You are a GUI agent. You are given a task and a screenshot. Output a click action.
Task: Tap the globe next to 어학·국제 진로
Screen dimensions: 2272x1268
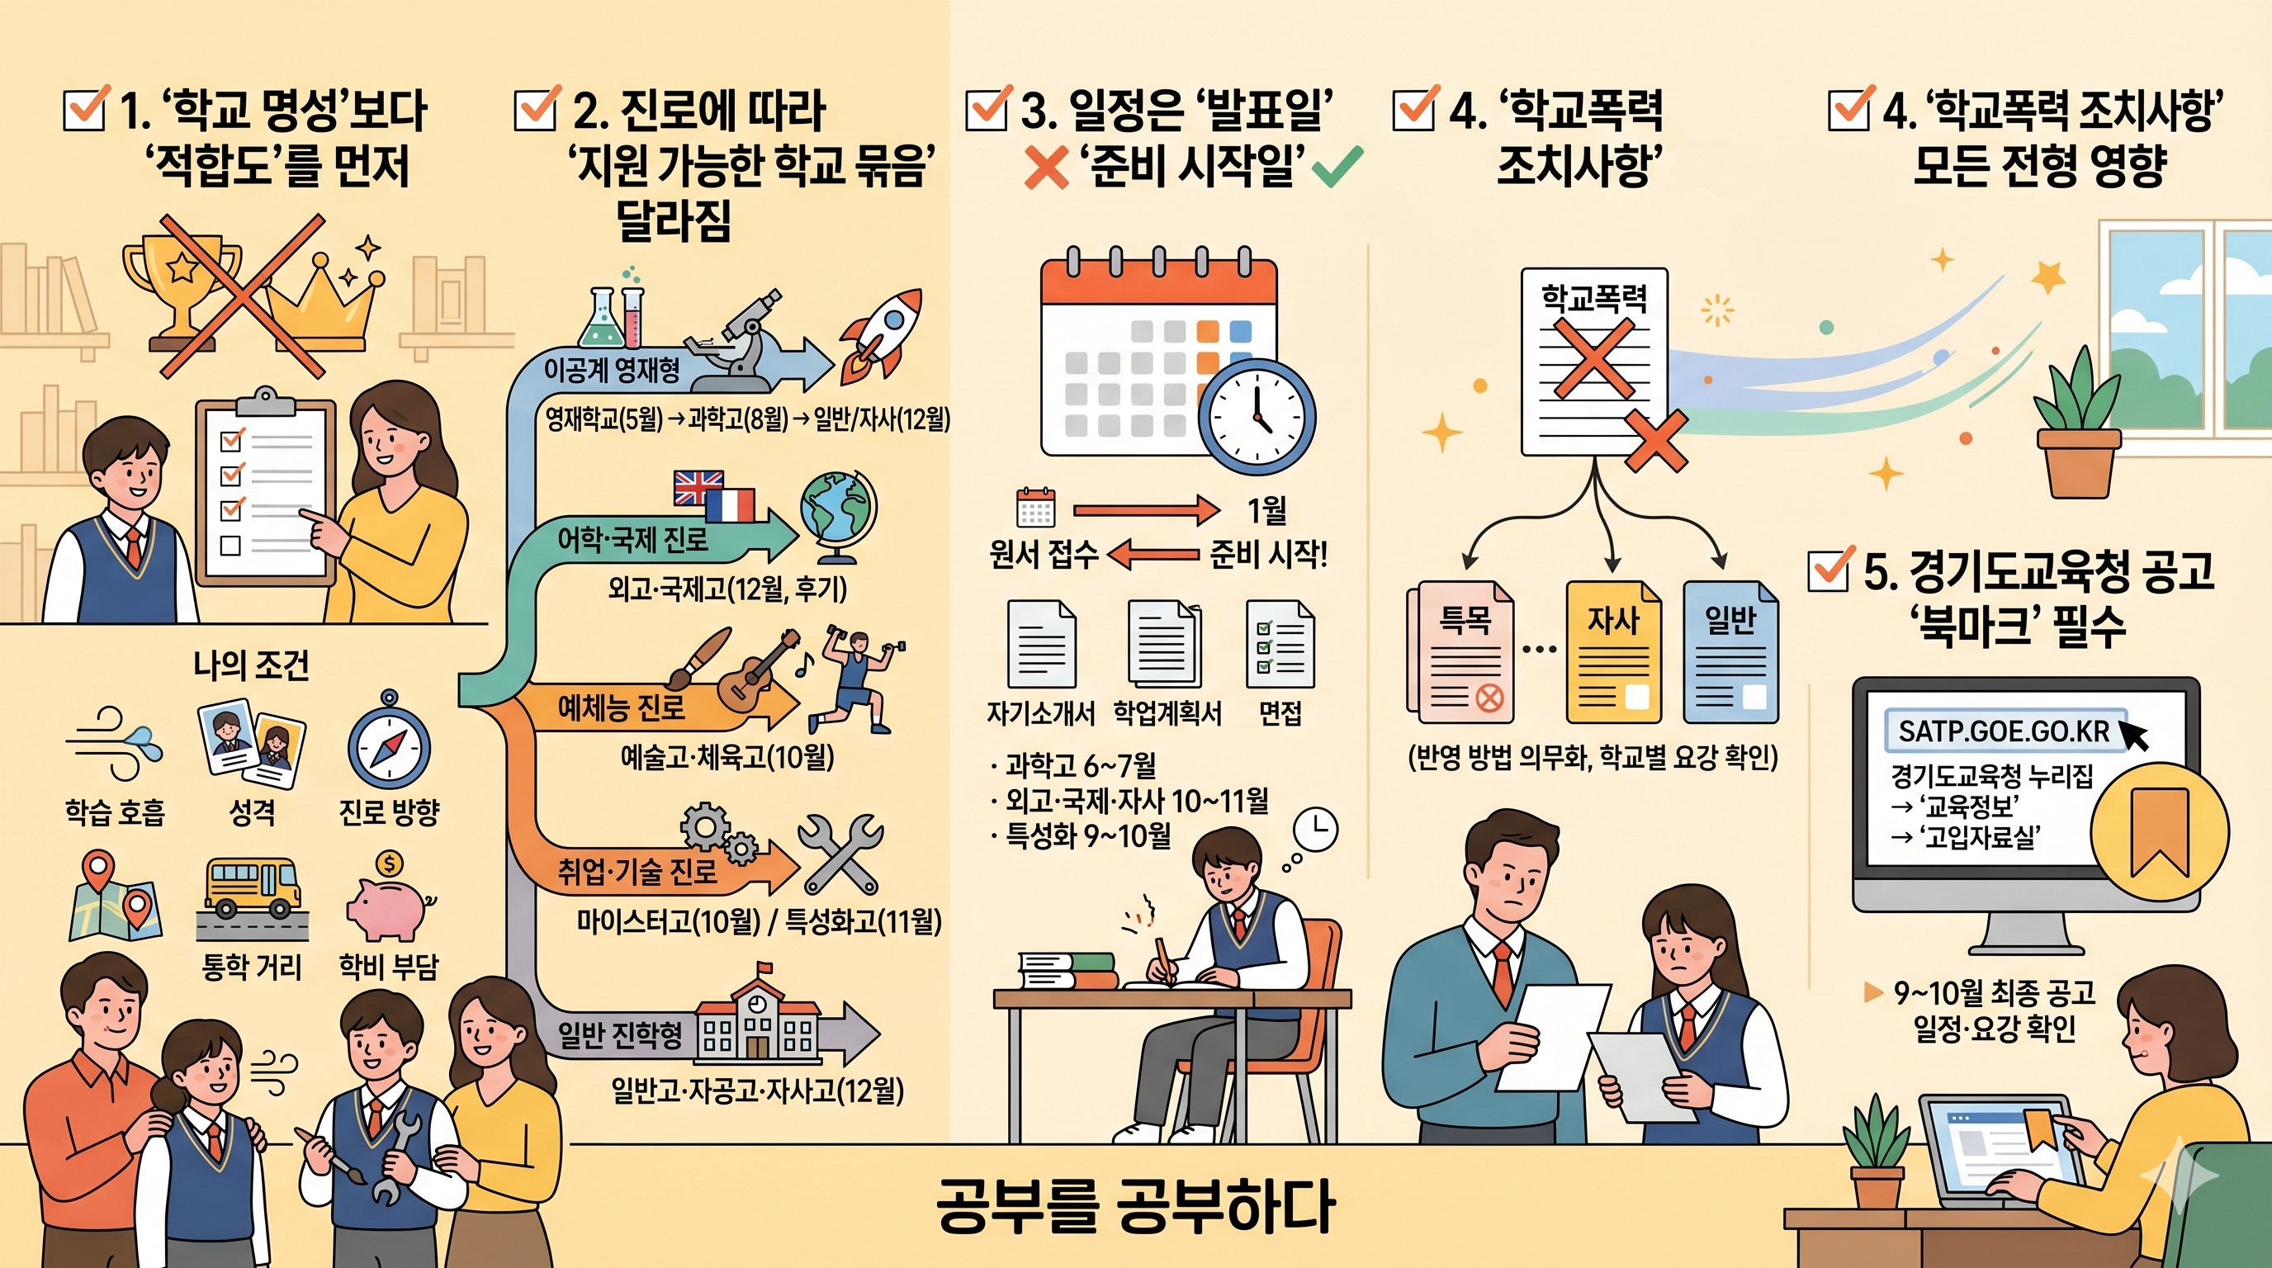(x=837, y=517)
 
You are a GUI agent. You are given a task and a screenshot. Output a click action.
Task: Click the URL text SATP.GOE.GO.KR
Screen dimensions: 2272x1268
(x=2003, y=731)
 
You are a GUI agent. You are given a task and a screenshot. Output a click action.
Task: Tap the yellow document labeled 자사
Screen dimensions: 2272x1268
(x=1613, y=652)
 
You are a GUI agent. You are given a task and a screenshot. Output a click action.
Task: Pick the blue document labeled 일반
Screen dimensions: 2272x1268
(x=1730, y=652)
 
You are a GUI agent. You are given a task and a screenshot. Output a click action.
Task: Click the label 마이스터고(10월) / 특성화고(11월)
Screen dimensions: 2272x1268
(x=760, y=922)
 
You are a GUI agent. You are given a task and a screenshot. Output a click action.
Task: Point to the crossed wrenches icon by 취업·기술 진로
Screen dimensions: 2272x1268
(x=839, y=854)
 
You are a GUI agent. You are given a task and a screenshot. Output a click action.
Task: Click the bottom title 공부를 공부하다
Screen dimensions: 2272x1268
(x=1135, y=1205)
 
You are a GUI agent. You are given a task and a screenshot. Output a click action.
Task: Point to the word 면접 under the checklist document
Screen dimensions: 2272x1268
(x=1280, y=712)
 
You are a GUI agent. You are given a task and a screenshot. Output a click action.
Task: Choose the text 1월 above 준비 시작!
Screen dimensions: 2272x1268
(x=1266, y=509)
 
